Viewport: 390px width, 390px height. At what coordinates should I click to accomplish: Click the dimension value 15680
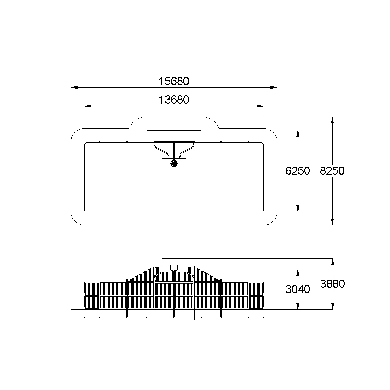(x=174, y=82)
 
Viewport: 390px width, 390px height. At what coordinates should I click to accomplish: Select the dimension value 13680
(x=174, y=100)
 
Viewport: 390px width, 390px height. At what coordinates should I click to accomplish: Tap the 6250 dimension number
(x=297, y=171)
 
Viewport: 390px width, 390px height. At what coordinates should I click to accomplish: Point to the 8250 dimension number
(x=332, y=171)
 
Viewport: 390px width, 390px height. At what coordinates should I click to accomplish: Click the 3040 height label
(x=297, y=289)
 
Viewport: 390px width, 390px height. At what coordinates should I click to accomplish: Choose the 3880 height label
(x=332, y=284)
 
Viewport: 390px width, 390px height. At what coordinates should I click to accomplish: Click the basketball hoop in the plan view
(x=174, y=163)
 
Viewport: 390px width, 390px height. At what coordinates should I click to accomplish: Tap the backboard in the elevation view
(x=174, y=265)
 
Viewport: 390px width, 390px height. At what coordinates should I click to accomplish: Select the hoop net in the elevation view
(x=174, y=272)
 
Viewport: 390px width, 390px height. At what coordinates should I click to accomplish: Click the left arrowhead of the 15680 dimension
(x=74, y=87)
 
